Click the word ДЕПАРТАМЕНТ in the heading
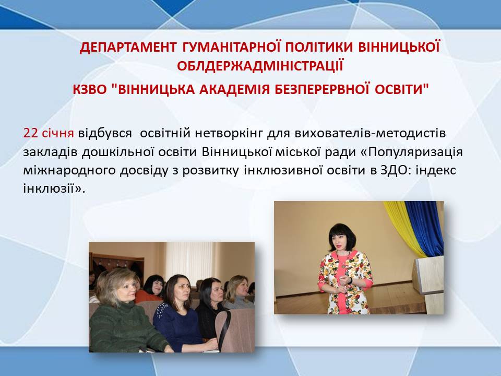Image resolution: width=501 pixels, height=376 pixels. point(128,48)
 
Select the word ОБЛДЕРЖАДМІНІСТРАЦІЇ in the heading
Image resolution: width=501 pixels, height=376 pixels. point(260,66)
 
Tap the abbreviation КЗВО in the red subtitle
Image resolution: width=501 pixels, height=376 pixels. point(89,89)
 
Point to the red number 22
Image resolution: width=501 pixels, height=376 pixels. point(30,133)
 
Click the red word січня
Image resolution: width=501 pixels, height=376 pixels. point(58,133)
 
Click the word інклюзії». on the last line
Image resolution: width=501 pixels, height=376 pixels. point(54,189)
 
